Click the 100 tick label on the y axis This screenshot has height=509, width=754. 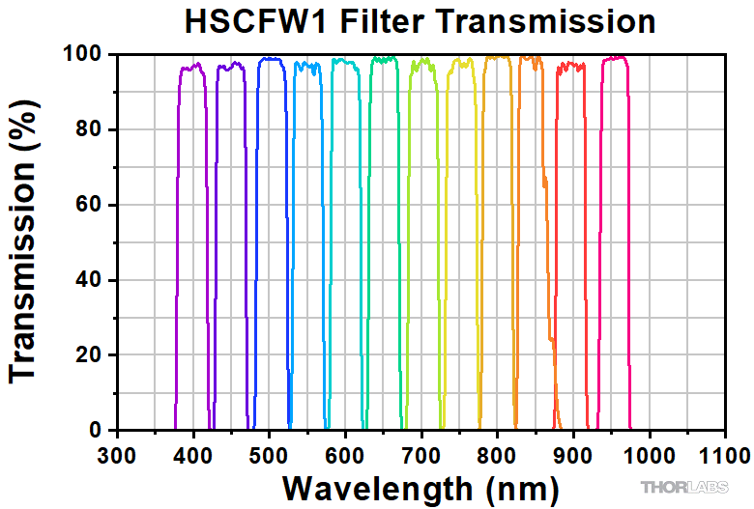[x=82, y=54]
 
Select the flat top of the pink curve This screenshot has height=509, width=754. [x=615, y=59]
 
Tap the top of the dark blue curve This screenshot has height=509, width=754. [x=270, y=60]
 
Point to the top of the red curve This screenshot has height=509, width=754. [x=571, y=66]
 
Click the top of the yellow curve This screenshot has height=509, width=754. [x=461, y=64]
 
